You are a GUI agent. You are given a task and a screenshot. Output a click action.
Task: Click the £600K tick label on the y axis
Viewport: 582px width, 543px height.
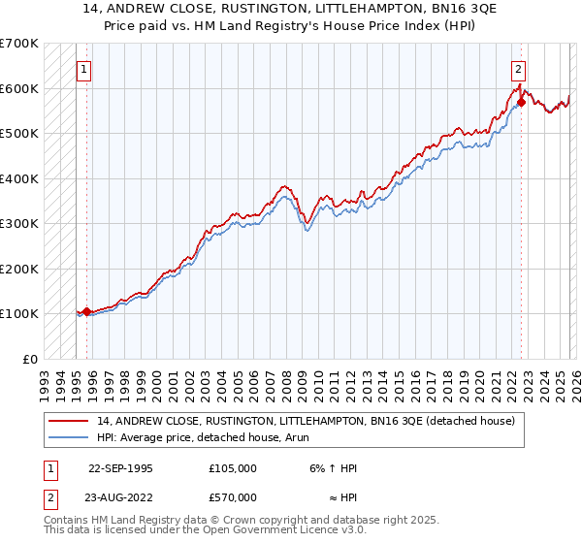pyautogui.click(x=19, y=88)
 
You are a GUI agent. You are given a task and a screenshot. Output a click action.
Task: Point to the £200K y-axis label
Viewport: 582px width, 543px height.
pyautogui.click(x=19, y=269)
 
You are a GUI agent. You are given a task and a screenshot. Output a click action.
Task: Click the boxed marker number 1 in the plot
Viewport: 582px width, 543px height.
pyautogui.click(x=84, y=69)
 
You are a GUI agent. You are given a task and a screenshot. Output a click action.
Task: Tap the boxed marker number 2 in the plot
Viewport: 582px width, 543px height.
pyautogui.click(x=519, y=69)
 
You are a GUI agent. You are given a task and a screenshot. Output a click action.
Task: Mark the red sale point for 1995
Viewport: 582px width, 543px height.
pyautogui.click(x=87, y=311)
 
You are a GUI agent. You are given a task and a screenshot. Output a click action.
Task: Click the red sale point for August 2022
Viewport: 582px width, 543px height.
pyautogui.click(x=521, y=101)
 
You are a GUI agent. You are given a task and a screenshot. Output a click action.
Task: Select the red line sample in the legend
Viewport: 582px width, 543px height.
pyautogui.click(x=69, y=420)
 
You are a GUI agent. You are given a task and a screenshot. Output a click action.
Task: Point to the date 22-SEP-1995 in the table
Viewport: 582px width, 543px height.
pyautogui.click(x=120, y=468)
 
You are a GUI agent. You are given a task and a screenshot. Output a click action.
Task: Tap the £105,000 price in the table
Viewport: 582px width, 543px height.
pyautogui.click(x=233, y=468)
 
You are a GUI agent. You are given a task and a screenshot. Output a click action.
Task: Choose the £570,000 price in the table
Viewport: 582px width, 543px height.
pyautogui.click(x=233, y=497)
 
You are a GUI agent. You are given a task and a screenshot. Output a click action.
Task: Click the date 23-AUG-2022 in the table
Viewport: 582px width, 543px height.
pyautogui.click(x=121, y=497)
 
